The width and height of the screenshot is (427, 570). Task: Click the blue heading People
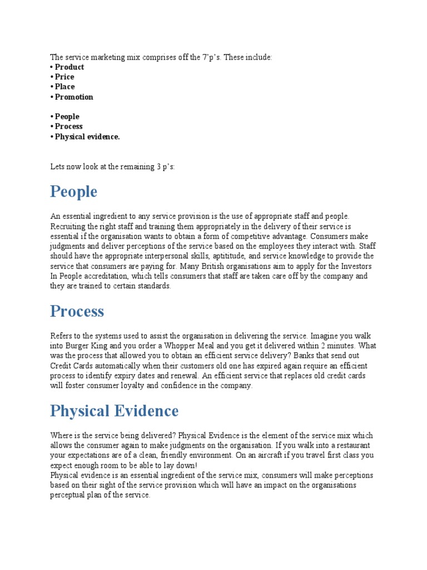[73, 192]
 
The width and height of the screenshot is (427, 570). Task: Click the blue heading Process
[77, 311]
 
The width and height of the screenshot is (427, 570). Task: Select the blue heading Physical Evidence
[114, 411]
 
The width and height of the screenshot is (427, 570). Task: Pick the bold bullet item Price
[64, 77]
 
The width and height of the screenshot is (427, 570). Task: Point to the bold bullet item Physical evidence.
[87, 136]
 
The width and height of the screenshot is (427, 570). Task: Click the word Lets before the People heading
[58, 166]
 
